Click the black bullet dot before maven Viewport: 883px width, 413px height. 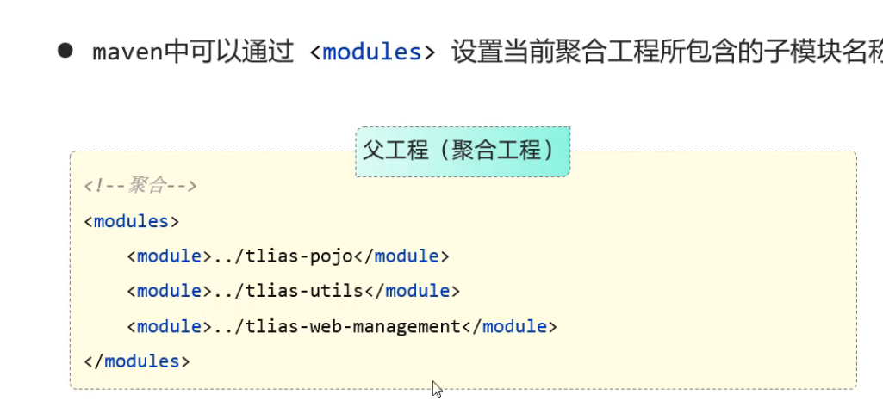tap(65, 50)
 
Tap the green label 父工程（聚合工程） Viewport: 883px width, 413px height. tap(463, 151)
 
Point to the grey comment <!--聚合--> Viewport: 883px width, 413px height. tap(140, 186)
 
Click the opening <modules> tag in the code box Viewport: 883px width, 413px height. tap(132, 221)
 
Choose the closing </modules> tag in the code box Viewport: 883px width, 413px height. tap(137, 361)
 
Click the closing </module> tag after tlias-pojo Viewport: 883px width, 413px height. tap(401, 256)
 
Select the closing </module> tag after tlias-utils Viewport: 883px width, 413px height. tap(412, 292)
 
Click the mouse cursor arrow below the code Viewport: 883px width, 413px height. tap(436, 388)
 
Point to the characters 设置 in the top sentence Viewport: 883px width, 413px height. tap(476, 52)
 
